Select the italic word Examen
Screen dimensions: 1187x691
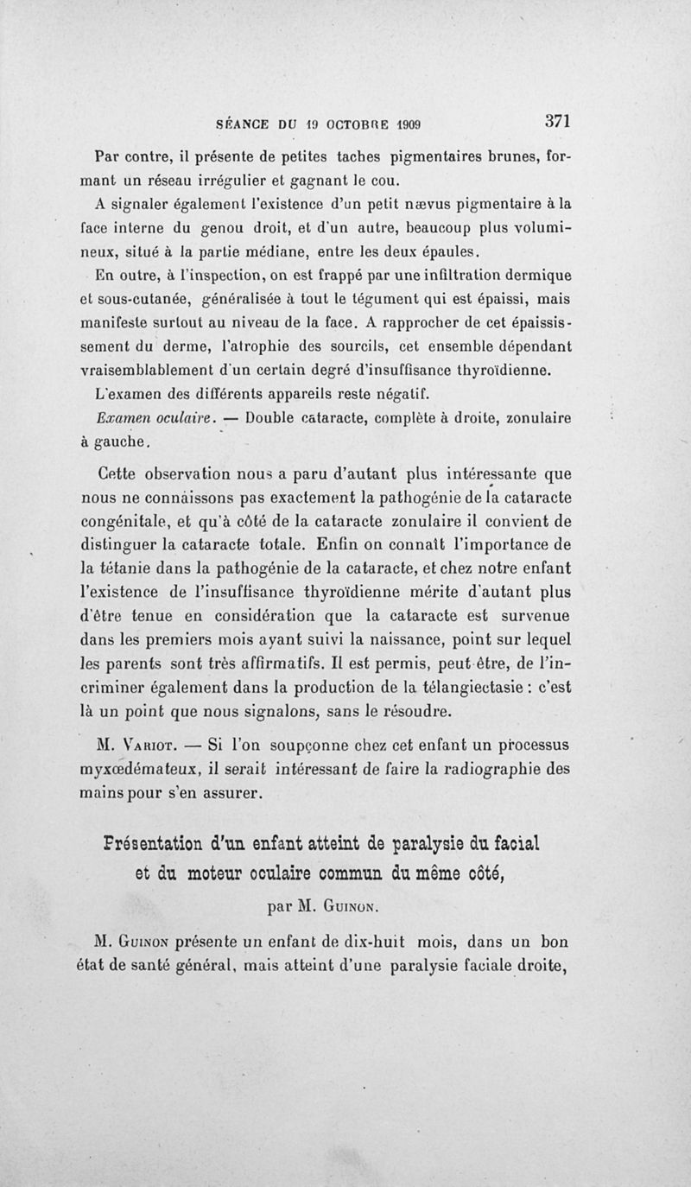pyautogui.click(x=126, y=420)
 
